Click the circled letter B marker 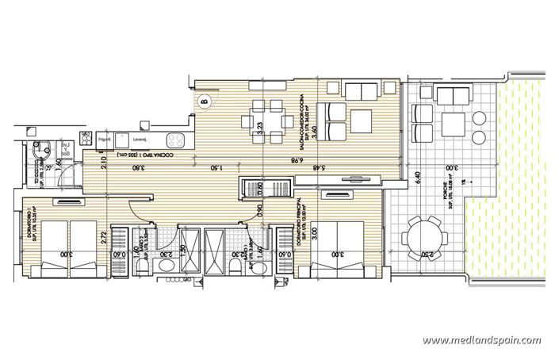point(205,101)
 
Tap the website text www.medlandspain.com point(481,341)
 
